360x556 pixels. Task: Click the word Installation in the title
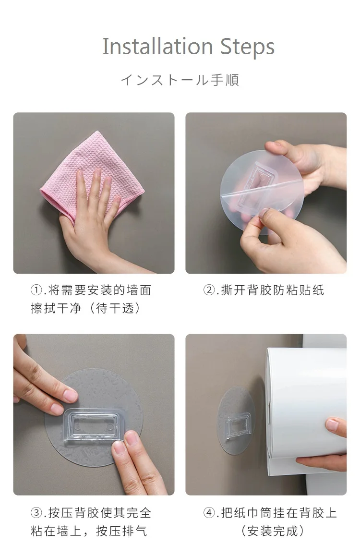point(157,47)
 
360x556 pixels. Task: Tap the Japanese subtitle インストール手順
point(180,80)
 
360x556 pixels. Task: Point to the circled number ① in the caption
point(36,290)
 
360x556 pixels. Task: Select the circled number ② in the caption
point(209,290)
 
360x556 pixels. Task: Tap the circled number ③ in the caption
point(36,513)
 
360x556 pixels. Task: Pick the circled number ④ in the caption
point(209,513)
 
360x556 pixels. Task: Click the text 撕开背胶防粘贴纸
point(273,290)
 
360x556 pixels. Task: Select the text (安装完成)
point(273,531)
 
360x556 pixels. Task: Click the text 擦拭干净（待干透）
point(86,308)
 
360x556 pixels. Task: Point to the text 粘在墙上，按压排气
point(89,531)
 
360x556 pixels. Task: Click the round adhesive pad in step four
point(236,421)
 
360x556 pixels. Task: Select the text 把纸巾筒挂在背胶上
point(279,513)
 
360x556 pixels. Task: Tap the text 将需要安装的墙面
point(100,290)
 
